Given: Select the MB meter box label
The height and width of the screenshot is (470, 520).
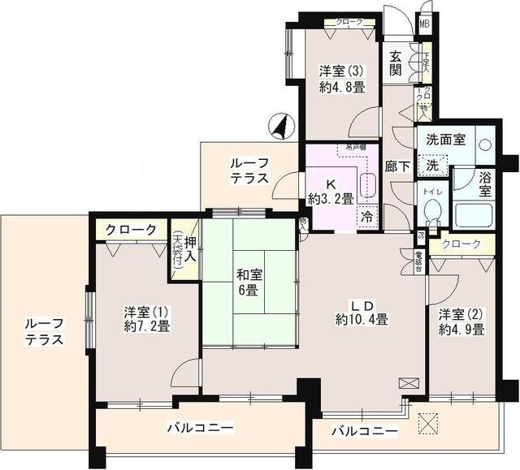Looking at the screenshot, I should (x=424, y=24).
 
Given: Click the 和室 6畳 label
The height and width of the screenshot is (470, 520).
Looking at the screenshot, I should (x=247, y=282).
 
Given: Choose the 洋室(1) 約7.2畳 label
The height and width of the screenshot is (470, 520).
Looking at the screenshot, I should (x=146, y=319).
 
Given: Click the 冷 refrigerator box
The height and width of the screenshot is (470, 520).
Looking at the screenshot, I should (x=366, y=217).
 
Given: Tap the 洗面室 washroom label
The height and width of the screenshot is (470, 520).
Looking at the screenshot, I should (x=448, y=140).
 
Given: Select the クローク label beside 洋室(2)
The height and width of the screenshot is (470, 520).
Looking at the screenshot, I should (x=461, y=244).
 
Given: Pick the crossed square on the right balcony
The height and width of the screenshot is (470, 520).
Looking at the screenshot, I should (x=428, y=422).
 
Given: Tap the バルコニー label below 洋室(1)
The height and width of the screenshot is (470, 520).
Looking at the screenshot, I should (x=201, y=427).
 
